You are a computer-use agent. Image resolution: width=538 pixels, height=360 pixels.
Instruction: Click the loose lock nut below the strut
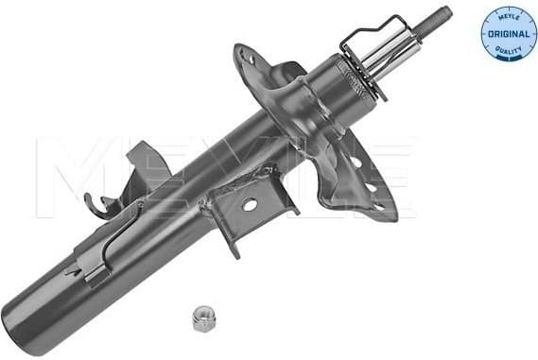coord(201,317)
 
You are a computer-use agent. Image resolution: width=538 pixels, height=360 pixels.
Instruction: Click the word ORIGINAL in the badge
coord(508,35)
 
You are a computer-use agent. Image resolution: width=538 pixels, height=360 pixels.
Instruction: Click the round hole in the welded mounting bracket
coord(251,205)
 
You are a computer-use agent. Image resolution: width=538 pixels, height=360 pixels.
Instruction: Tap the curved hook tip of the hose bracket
coord(90,200)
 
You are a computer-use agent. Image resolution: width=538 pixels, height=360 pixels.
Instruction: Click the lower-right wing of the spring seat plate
coord(364,184)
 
